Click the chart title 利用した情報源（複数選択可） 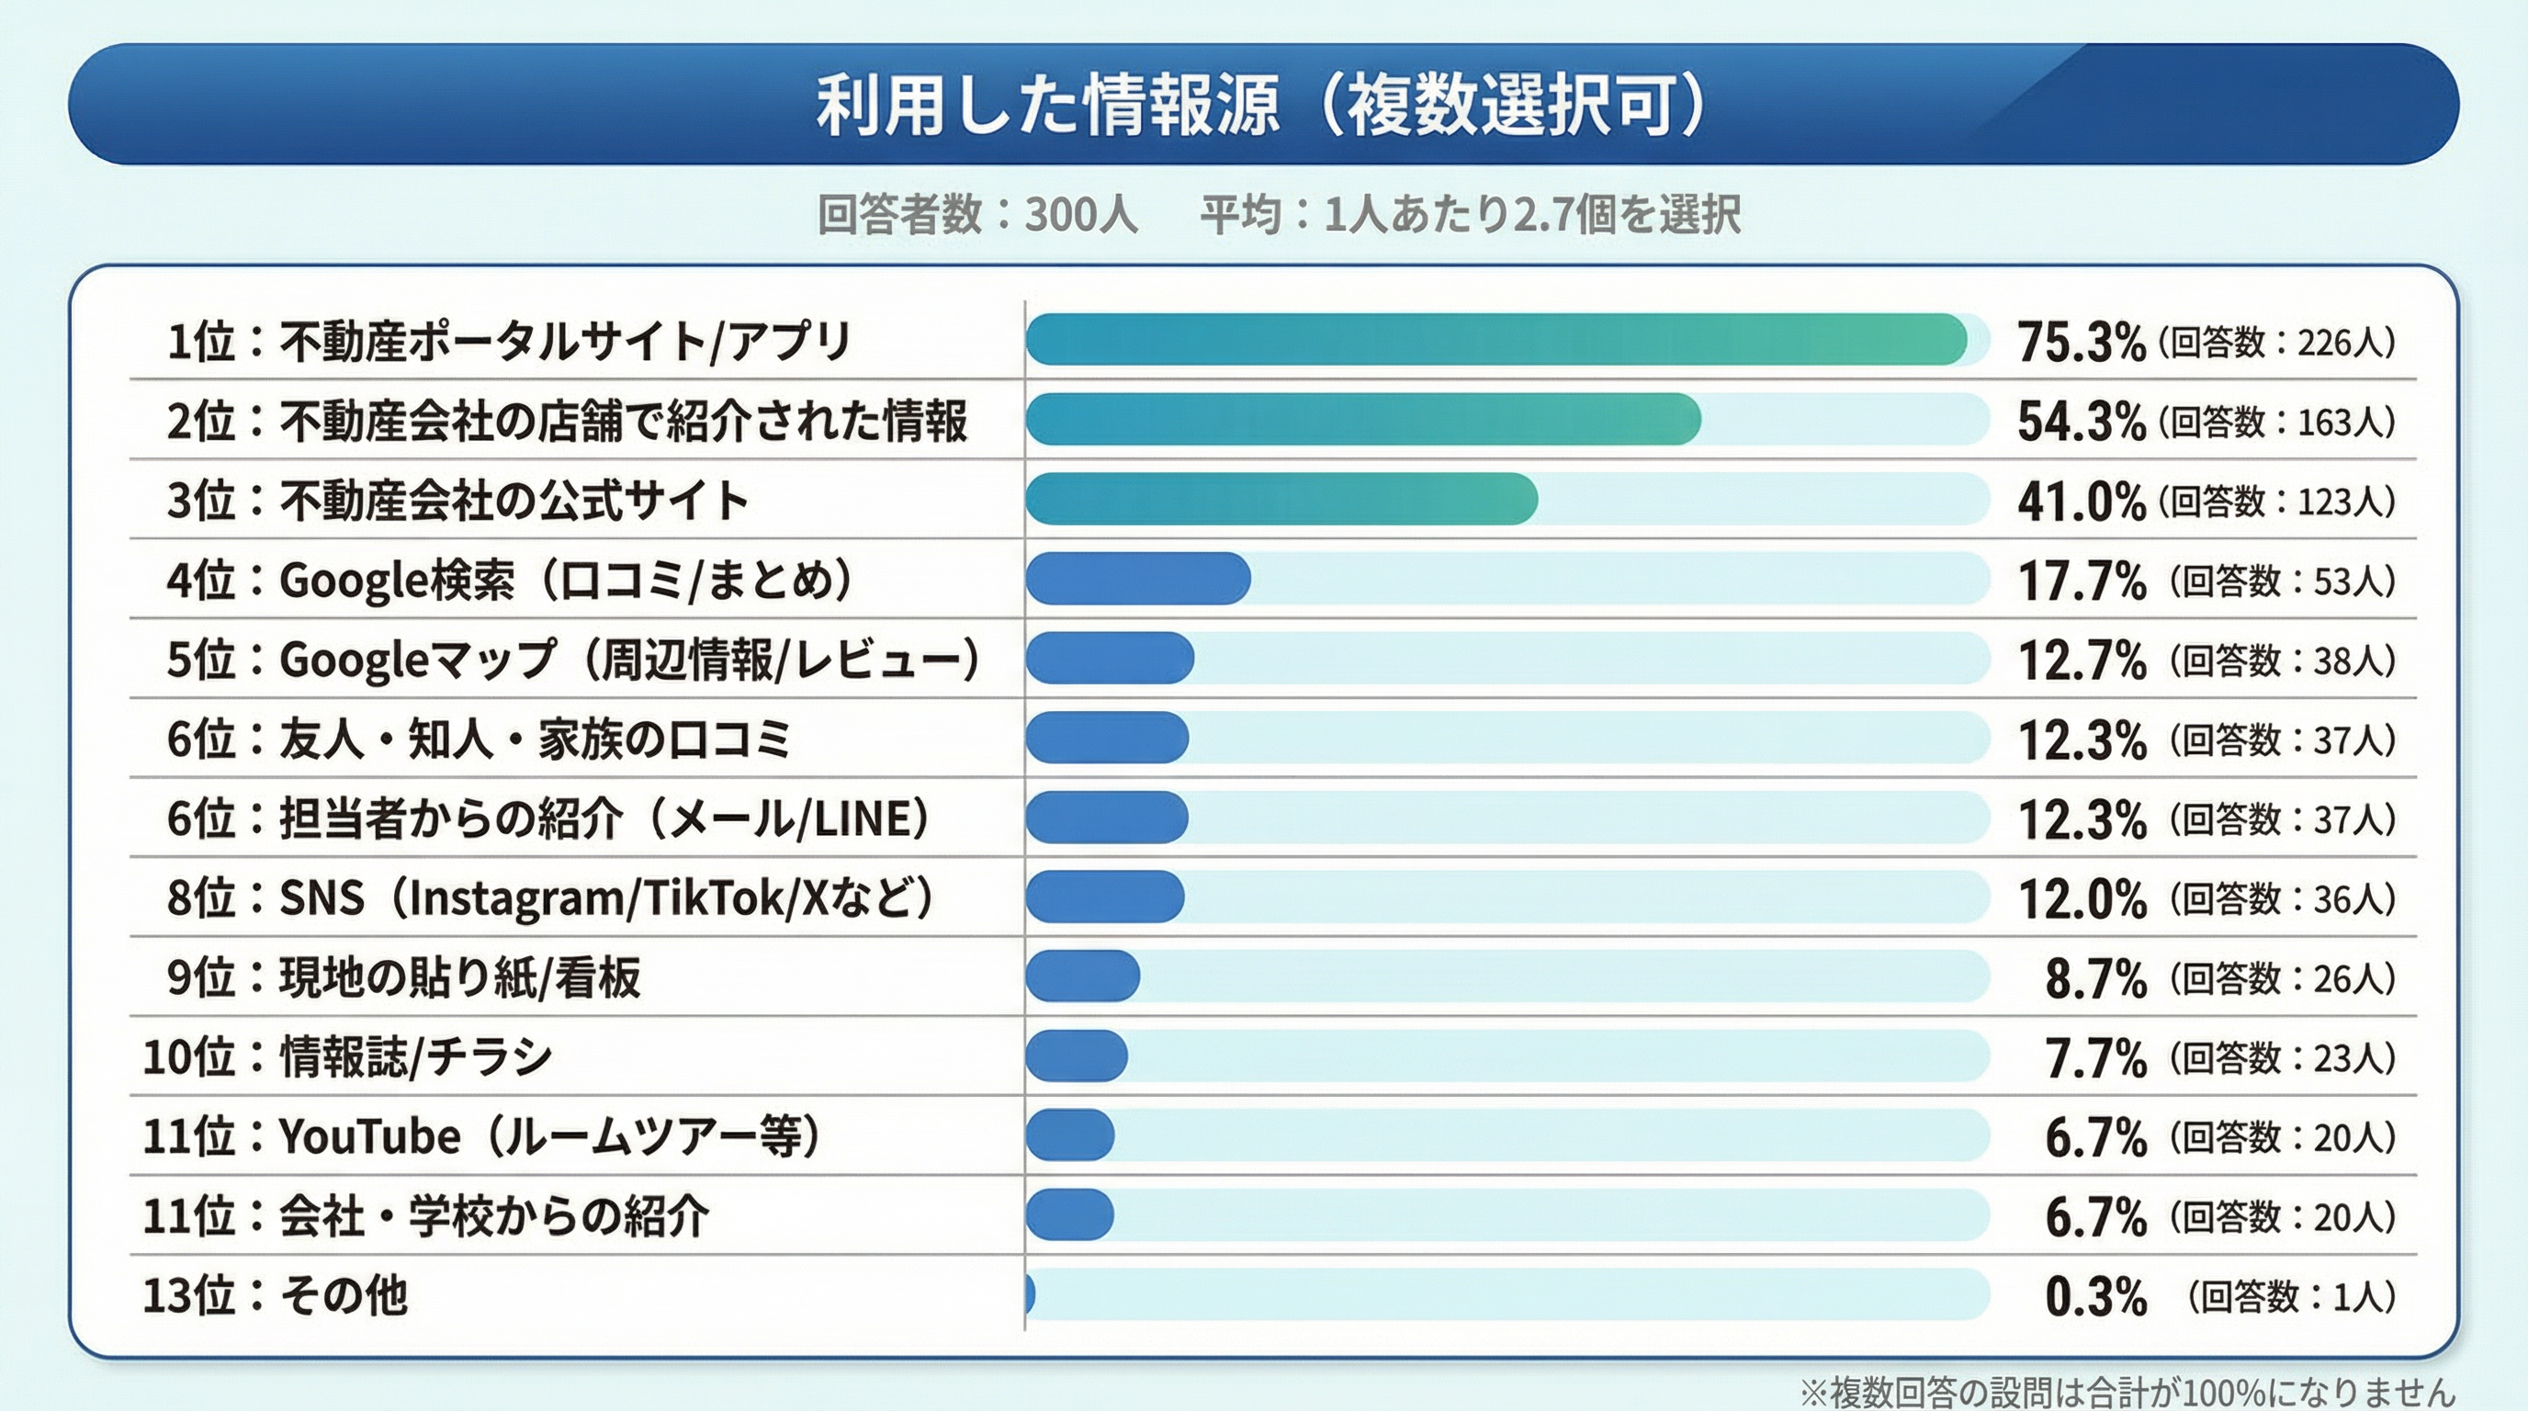tap(1262, 105)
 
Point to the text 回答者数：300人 tap(977, 215)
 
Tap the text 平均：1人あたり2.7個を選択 tap(1470, 215)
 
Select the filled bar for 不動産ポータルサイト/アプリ tap(1495, 341)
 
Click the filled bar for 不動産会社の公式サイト tap(1281, 500)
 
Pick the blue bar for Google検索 tap(1137, 579)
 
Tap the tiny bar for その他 tap(1030, 1294)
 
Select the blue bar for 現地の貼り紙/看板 tap(1082, 976)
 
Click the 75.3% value tap(2081, 343)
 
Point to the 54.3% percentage tap(2081, 422)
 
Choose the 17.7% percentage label tap(2081, 581)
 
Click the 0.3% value tap(2095, 1296)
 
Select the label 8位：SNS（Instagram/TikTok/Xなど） tap(549, 897)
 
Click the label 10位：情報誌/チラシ tap(348, 1056)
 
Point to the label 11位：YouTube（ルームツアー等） tap(480, 1136)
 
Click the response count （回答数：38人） tap(2283, 660)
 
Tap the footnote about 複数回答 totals tap(2127, 1392)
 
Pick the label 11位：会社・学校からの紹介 tap(426, 1215)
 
